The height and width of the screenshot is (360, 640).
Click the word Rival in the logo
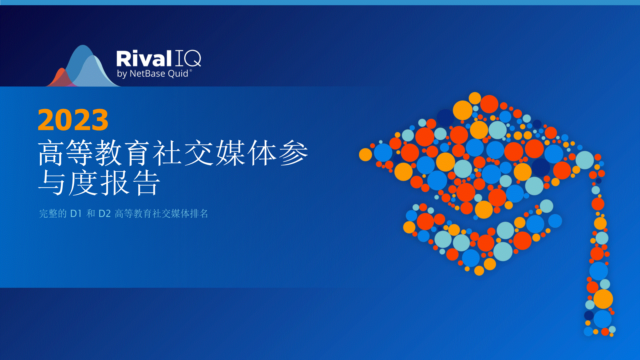(x=144, y=59)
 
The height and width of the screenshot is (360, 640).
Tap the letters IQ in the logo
(x=188, y=59)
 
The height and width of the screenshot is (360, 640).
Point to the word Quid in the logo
(x=178, y=73)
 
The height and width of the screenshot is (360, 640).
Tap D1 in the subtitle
(x=76, y=214)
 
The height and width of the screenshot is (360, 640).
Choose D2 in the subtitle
(x=105, y=214)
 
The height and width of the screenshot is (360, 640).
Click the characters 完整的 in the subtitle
(x=53, y=213)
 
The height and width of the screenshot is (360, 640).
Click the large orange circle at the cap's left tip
(x=365, y=154)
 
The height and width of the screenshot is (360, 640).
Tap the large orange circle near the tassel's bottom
(x=603, y=299)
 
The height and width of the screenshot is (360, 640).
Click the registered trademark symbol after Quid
(x=191, y=70)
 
